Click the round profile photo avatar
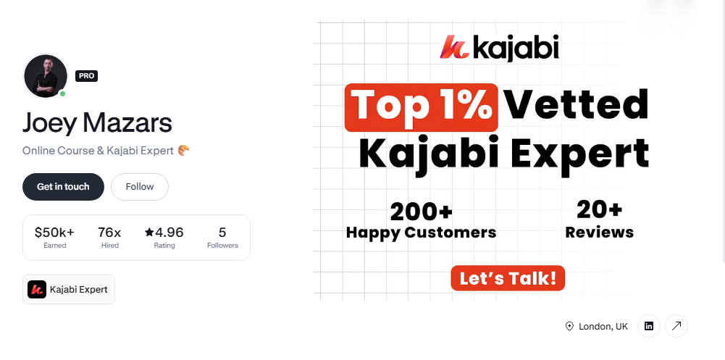tap(45, 75)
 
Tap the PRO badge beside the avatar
tap(86, 75)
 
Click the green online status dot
tap(63, 93)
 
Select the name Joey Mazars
tap(97, 122)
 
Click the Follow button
tap(140, 187)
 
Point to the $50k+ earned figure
tap(54, 233)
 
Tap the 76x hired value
tap(110, 233)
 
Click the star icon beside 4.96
tap(149, 233)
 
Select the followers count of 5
tap(222, 233)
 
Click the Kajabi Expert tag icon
tap(37, 290)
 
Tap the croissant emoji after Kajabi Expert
tap(183, 151)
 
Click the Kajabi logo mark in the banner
tap(453, 48)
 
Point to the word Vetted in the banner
tap(576, 106)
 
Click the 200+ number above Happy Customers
tap(422, 212)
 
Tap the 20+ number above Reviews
tap(599, 210)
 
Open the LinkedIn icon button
tap(648, 327)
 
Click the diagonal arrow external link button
tap(676, 327)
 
